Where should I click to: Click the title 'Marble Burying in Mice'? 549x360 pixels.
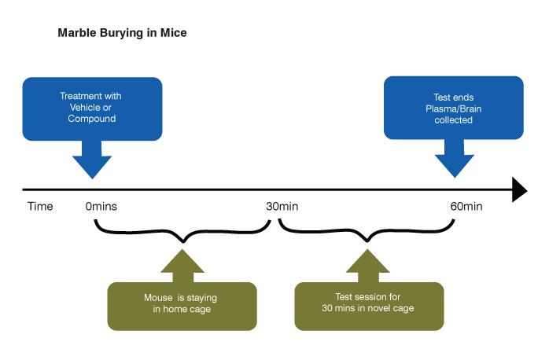click(122, 34)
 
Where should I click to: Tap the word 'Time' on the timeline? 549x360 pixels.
click(40, 207)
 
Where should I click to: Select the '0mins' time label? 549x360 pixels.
click(101, 207)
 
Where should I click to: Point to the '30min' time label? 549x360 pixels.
click(282, 207)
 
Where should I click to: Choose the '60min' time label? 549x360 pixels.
click(466, 207)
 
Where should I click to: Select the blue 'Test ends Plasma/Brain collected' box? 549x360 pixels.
click(453, 107)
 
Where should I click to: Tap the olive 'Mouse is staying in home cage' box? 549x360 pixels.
click(181, 305)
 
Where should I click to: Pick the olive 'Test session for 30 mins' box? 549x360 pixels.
click(368, 305)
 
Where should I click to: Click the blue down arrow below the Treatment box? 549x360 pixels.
click(92, 161)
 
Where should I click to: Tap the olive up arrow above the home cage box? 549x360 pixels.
click(181, 266)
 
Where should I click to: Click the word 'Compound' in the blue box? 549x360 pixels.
click(91, 119)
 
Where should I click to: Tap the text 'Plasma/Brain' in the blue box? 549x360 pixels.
click(453, 108)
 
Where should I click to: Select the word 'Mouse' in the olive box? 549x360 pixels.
click(159, 299)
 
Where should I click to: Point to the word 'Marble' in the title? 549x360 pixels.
click(76, 34)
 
